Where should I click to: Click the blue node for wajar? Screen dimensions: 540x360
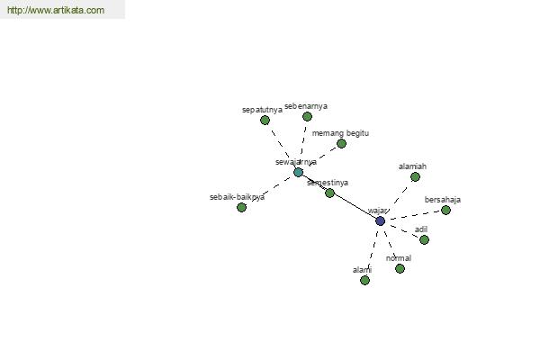[380, 220]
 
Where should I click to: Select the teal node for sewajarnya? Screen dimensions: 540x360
[298, 172]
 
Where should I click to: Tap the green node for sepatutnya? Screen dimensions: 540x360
[265, 120]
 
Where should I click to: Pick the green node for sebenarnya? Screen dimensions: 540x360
[307, 117]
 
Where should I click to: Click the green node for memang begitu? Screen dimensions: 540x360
[341, 144]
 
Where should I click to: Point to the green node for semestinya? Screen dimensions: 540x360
[329, 193]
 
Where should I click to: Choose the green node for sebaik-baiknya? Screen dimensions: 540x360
[241, 207]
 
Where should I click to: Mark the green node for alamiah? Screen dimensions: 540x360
[415, 177]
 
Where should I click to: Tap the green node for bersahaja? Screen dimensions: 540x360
[445, 210]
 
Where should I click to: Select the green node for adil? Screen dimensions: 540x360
[424, 239]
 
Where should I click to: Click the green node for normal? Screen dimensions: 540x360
[400, 269]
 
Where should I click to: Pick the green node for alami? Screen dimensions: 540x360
[364, 281]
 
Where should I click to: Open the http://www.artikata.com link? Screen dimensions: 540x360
[56, 10]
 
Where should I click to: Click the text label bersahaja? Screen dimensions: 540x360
[443, 200]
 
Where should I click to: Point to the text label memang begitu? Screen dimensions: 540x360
[340, 133]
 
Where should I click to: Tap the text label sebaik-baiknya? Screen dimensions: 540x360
[237, 197]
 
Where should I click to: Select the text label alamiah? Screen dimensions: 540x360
[412, 166]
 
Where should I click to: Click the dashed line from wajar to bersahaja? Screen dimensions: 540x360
[415, 215]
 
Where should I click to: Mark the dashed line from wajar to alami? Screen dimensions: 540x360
[373, 249]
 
